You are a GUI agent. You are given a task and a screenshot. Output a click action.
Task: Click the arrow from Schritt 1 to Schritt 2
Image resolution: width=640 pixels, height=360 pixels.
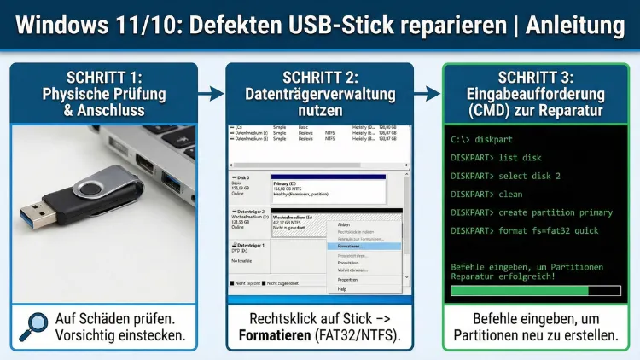click(211, 92)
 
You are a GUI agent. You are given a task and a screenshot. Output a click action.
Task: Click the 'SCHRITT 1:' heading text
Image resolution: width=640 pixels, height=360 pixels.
click(104, 77)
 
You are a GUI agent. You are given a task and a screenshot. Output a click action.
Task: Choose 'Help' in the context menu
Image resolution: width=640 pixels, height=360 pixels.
click(342, 289)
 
